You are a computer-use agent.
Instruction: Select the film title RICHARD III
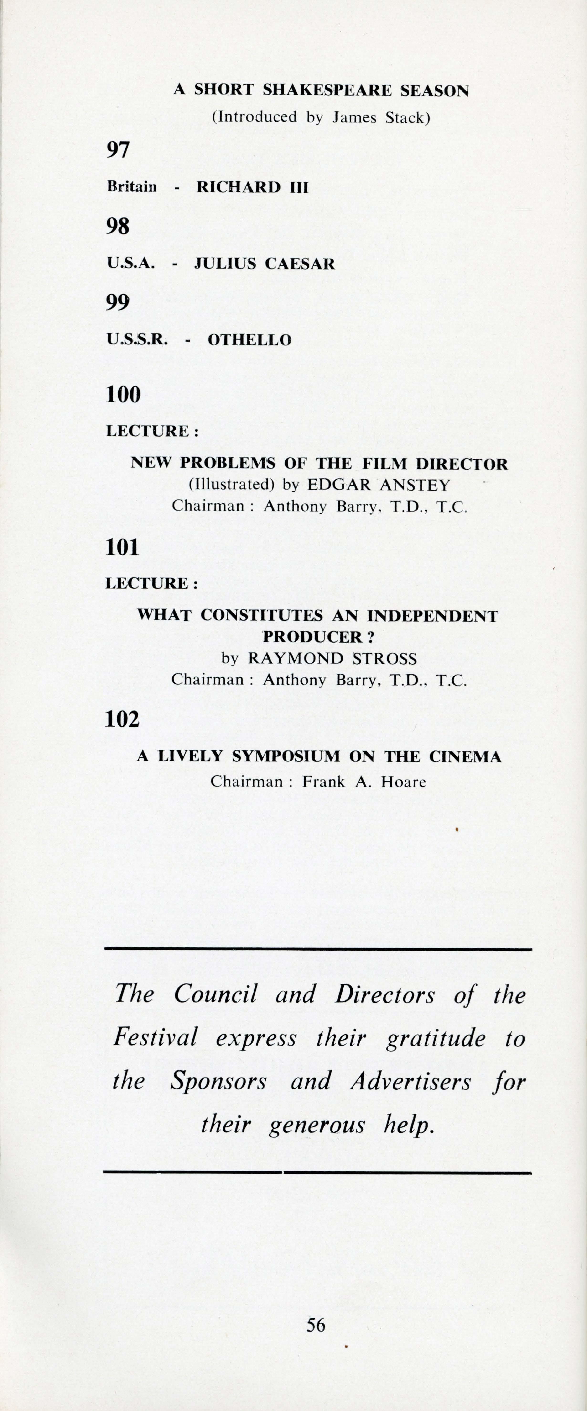coord(252,187)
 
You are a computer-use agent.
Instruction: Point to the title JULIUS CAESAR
coord(265,264)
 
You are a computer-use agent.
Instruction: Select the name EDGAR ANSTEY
coord(378,485)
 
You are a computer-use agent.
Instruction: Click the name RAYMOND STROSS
coord(332,658)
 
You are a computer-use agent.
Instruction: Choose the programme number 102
coord(122,719)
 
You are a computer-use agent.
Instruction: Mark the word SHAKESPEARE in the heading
coord(327,90)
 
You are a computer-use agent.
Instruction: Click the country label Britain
coord(132,187)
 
